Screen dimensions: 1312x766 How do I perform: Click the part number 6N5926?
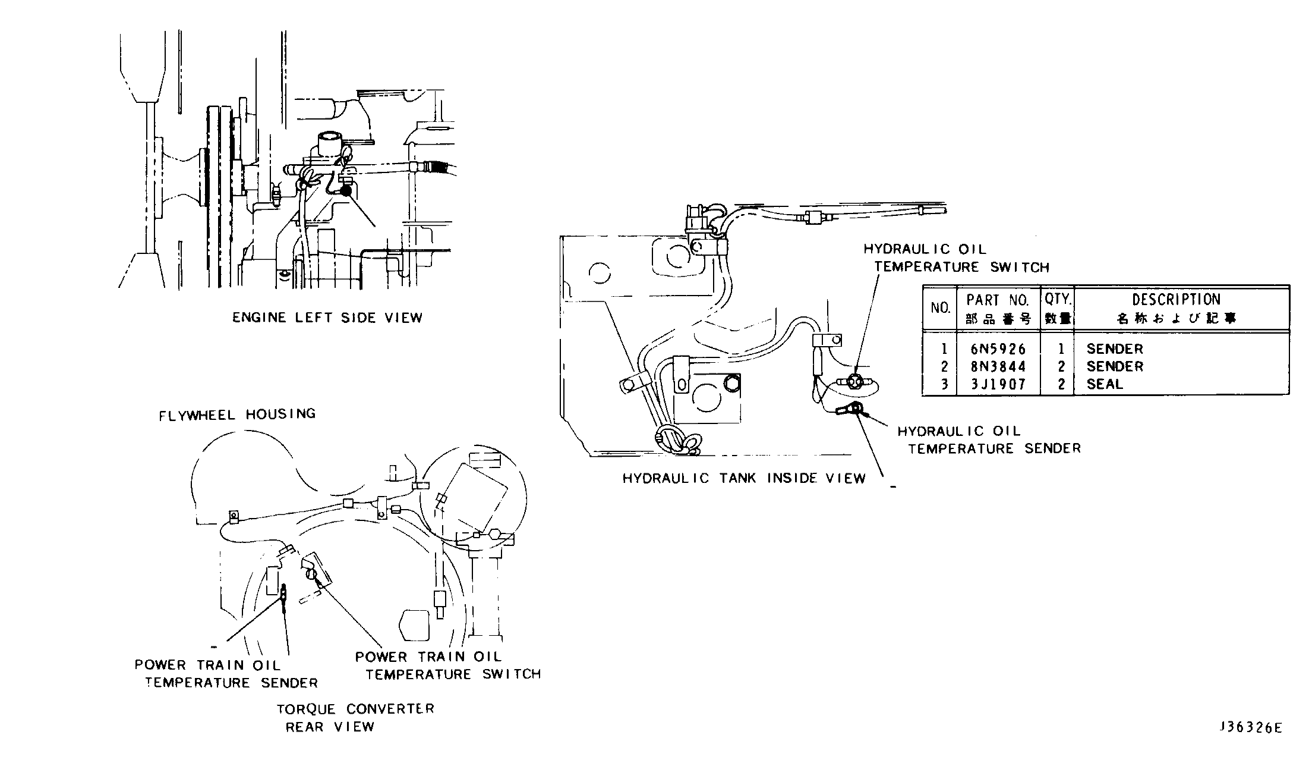pyautogui.click(x=998, y=349)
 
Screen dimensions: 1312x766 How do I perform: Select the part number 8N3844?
pyautogui.click(x=998, y=366)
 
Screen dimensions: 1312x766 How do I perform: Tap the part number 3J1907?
pyautogui.click(x=998, y=384)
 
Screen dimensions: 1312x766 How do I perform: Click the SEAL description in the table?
pyautogui.click(x=1105, y=384)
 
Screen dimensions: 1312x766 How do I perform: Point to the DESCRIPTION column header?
pyautogui.click(x=1176, y=300)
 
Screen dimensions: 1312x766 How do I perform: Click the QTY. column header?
pyautogui.click(x=1058, y=299)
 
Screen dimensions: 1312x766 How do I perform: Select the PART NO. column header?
pyautogui.click(x=998, y=300)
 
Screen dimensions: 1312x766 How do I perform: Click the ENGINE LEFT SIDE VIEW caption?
pyautogui.click(x=327, y=318)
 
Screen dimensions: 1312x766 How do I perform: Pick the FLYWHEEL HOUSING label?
pyautogui.click(x=237, y=414)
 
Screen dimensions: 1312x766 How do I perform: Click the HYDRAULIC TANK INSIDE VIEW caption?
pyautogui.click(x=744, y=478)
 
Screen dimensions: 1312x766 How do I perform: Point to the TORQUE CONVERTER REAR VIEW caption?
pyautogui.click(x=355, y=718)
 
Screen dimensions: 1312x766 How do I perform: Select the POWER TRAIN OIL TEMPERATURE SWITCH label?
pyautogui.click(x=448, y=665)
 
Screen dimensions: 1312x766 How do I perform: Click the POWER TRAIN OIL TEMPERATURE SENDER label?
pyautogui.click(x=226, y=674)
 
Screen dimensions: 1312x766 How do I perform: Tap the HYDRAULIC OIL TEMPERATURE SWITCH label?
pyautogui.click(x=957, y=258)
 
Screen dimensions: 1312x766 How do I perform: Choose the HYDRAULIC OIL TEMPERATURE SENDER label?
pyautogui.click(x=989, y=440)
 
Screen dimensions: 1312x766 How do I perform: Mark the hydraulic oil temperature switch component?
pyautogui.click(x=854, y=381)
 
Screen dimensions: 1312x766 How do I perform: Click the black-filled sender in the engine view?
pyautogui.click(x=345, y=191)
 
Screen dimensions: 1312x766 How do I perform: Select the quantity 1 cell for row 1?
pyautogui.click(x=1061, y=349)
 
